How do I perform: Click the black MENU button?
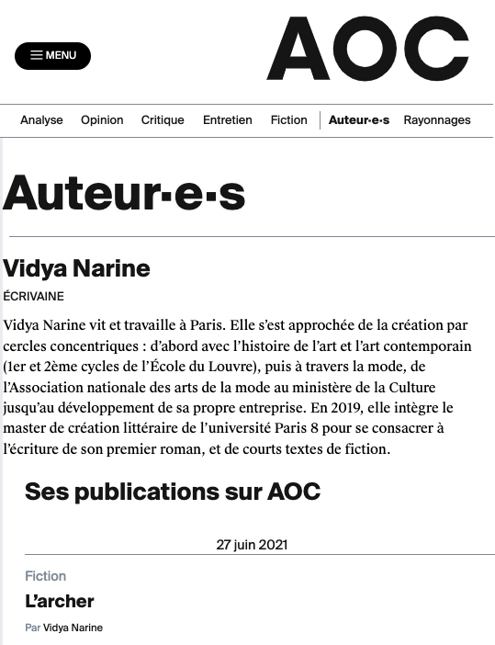(x=52, y=55)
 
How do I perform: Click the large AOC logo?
(x=367, y=50)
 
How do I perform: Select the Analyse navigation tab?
(x=41, y=120)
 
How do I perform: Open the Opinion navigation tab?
(x=102, y=120)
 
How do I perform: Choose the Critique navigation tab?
(x=163, y=120)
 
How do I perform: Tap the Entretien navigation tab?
(x=227, y=120)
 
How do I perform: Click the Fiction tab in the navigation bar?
(x=288, y=120)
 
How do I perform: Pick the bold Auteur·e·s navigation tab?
(x=359, y=120)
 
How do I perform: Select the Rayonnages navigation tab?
(x=437, y=120)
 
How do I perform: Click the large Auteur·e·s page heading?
(x=125, y=193)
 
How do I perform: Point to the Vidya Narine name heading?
(x=76, y=269)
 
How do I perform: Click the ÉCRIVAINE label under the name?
(x=34, y=297)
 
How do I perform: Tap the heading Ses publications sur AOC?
(x=173, y=492)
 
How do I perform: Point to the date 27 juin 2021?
(x=252, y=544)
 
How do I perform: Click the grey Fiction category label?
(x=46, y=576)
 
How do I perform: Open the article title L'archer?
(x=60, y=602)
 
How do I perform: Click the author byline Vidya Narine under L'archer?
(x=73, y=628)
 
